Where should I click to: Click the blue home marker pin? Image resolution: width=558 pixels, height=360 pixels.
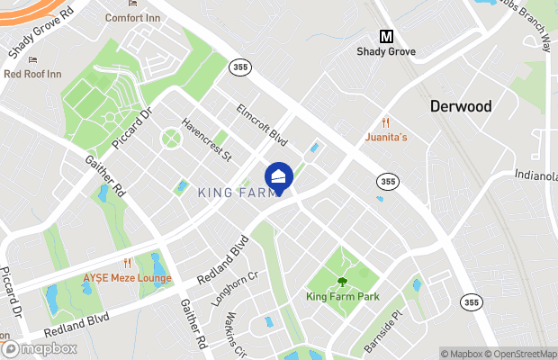[x=279, y=176]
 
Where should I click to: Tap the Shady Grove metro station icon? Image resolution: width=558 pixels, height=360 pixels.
[x=387, y=37]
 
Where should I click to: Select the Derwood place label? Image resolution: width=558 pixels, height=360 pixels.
[x=460, y=106]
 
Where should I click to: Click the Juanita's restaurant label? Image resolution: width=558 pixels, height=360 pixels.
[x=387, y=138]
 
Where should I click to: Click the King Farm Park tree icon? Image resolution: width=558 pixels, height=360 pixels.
[x=342, y=282]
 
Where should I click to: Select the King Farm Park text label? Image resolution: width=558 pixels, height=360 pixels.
[x=342, y=297]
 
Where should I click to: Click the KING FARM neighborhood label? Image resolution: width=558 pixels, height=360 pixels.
[x=235, y=192]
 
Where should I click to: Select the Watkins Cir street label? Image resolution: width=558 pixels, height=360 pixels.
[x=237, y=334]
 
